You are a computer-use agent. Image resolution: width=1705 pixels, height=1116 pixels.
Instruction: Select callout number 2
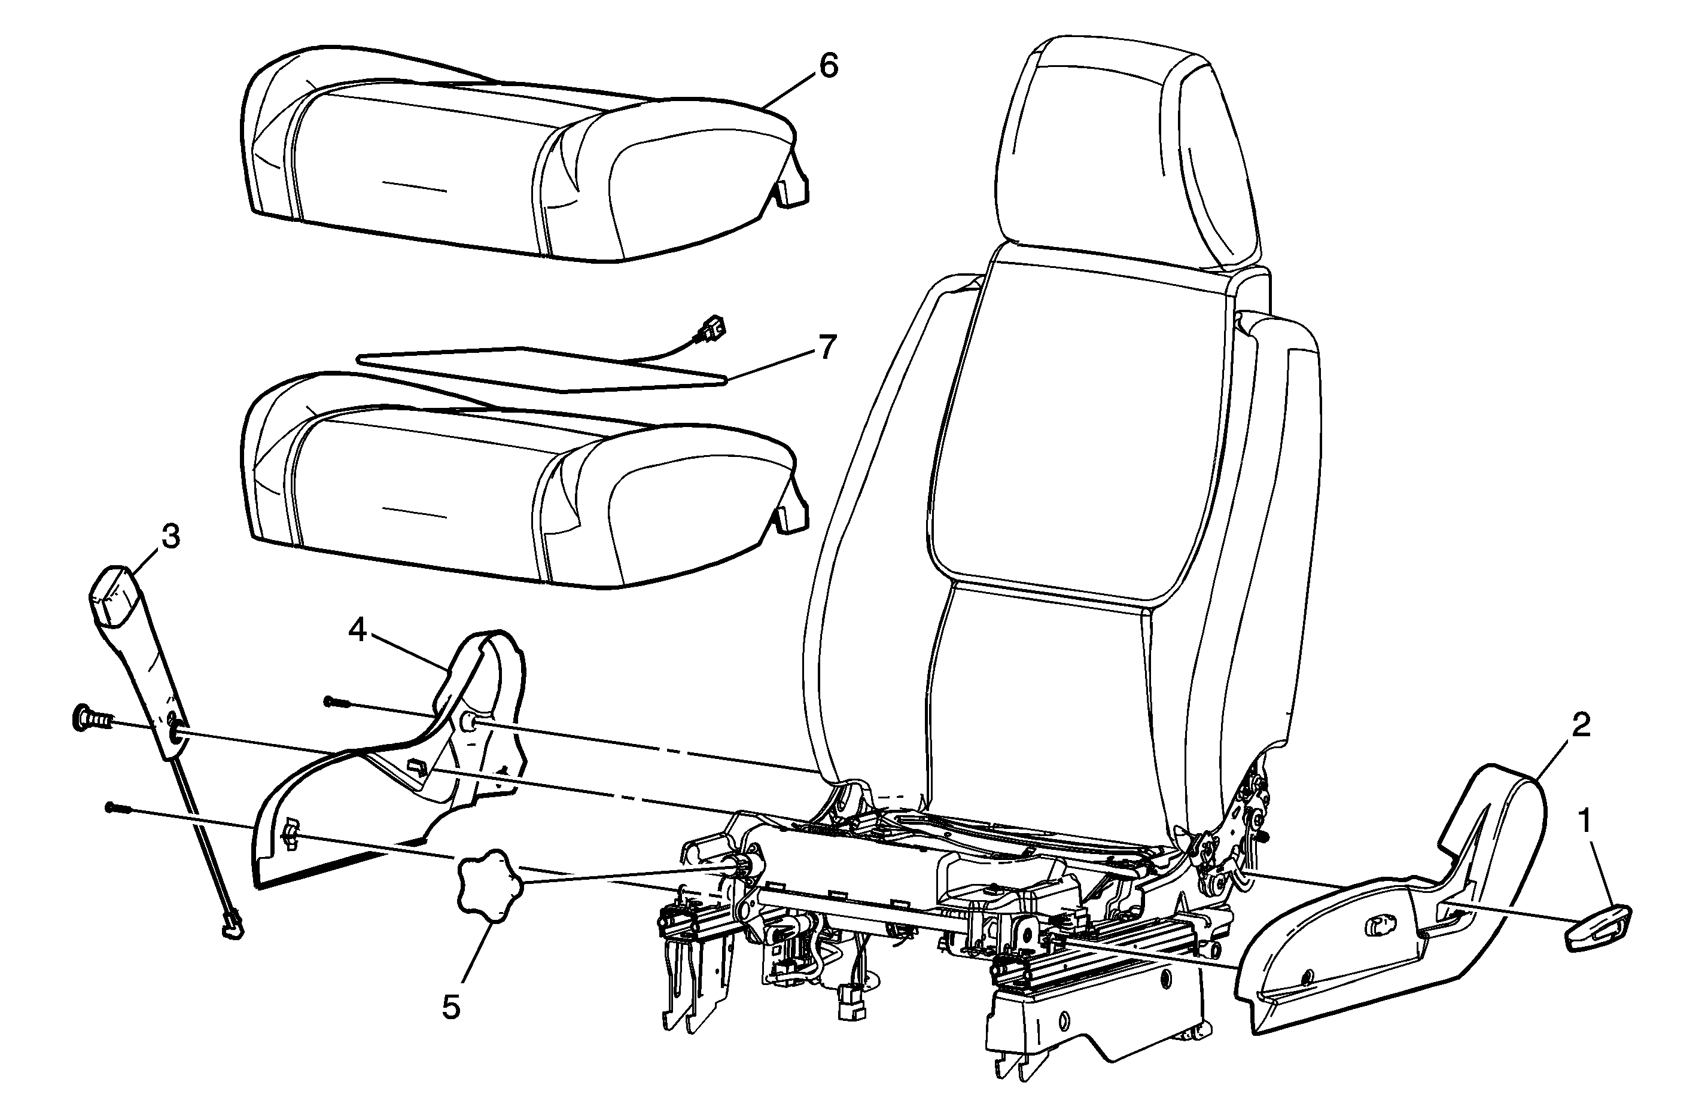1581,726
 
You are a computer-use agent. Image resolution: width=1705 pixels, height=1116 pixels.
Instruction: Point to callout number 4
358,631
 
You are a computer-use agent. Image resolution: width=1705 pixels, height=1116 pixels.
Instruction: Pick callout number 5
451,1007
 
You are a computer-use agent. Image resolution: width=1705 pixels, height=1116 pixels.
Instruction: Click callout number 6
827,66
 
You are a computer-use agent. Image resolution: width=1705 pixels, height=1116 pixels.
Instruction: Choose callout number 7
827,348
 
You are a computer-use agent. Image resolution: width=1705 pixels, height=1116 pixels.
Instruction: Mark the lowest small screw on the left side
117,807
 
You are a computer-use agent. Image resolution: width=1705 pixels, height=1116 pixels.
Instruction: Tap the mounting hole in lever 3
173,731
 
